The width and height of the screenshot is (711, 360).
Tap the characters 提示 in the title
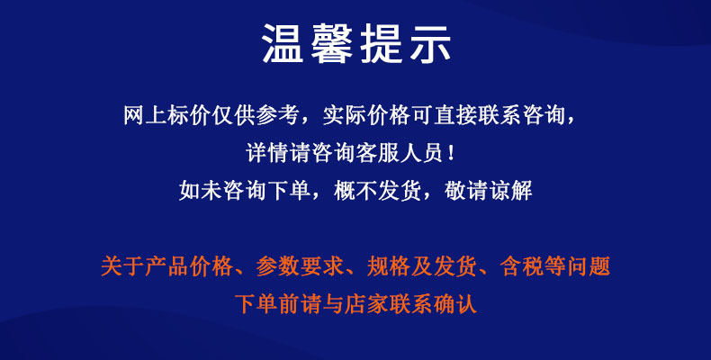tap(405, 43)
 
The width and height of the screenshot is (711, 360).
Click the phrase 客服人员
tap(400, 153)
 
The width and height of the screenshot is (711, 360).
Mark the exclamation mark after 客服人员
tap(450, 153)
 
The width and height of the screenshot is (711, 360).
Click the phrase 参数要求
tap(301, 266)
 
